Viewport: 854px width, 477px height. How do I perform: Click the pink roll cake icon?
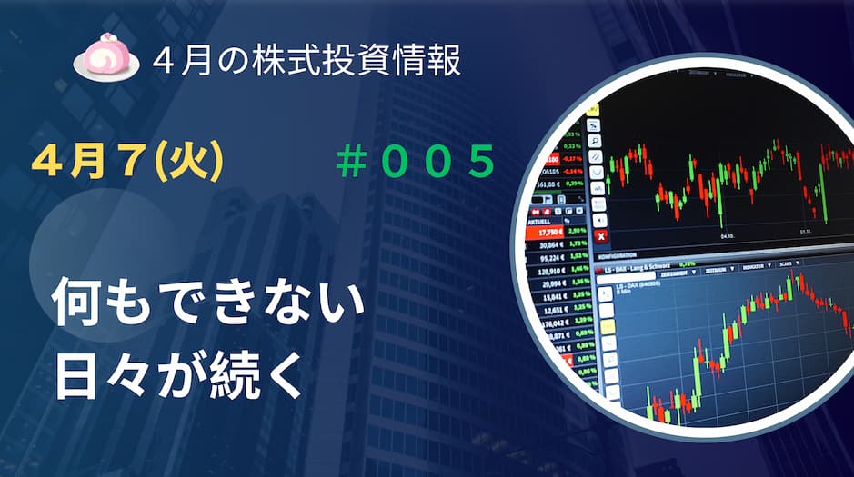point(106,57)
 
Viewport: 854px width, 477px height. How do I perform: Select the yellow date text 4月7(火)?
point(127,163)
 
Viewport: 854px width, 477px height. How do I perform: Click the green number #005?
point(415,163)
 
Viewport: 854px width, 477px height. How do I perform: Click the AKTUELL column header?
point(543,219)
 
